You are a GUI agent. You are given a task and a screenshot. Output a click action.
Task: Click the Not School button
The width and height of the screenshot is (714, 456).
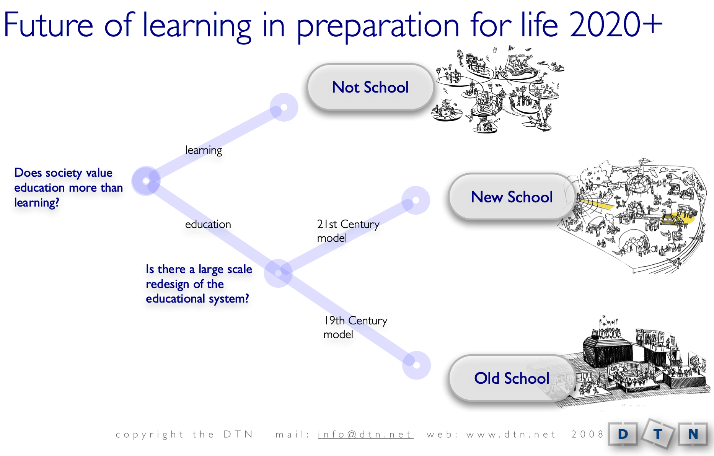(x=370, y=87)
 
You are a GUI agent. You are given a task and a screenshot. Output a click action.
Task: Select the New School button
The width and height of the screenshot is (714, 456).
(x=512, y=197)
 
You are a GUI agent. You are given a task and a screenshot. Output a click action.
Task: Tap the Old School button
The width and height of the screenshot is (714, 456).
(x=512, y=378)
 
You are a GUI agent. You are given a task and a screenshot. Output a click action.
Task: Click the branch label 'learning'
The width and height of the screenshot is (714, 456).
(x=203, y=150)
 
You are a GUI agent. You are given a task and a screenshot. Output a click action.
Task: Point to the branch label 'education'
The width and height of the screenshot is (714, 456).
(x=208, y=224)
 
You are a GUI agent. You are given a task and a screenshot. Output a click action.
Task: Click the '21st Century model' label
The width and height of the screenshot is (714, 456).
(x=347, y=231)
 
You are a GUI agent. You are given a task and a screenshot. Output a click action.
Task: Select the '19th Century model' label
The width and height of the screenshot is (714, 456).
(x=355, y=327)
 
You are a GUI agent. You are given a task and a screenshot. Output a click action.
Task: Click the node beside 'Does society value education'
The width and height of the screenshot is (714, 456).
(x=146, y=181)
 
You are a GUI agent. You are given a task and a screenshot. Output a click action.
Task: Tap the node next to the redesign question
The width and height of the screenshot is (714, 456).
(x=278, y=273)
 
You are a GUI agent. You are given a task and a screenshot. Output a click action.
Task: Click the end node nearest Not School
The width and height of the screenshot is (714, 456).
(x=284, y=107)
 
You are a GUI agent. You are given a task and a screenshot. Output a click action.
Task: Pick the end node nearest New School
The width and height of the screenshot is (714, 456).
(x=416, y=200)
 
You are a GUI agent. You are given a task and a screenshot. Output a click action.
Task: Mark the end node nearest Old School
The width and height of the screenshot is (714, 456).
(x=416, y=365)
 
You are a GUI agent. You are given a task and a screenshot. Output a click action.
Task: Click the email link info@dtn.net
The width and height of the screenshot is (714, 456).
(x=365, y=435)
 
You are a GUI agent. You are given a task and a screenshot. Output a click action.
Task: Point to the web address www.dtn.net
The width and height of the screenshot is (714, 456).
(x=510, y=435)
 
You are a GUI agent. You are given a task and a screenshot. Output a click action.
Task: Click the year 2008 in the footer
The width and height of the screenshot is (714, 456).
(x=587, y=434)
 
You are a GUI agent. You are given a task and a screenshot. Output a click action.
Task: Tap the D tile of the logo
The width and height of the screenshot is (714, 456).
(x=623, y=434)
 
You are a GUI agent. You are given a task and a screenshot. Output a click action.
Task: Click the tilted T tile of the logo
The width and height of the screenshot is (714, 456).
(x=658, y=434)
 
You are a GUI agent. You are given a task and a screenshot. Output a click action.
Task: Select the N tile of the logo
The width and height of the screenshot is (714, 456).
(x=693, y=434)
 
